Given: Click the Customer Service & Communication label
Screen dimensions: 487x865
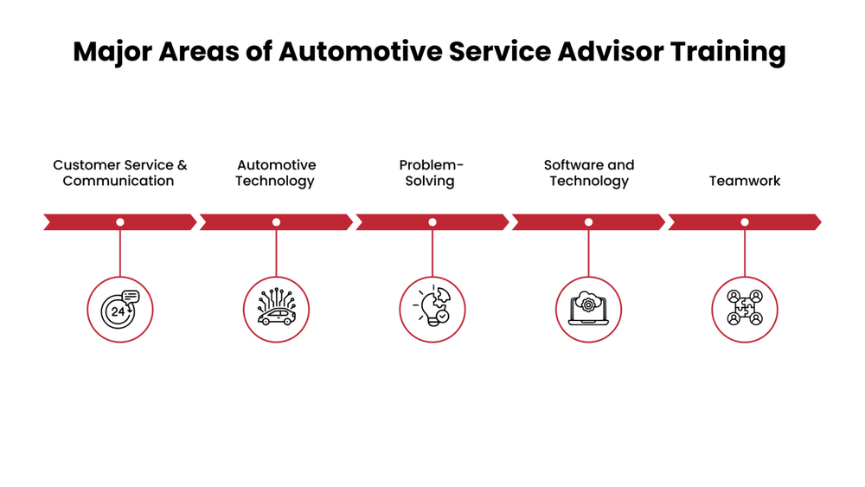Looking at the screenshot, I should click(x=119, y=173).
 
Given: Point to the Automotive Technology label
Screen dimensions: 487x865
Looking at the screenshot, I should click(x=276, y=173).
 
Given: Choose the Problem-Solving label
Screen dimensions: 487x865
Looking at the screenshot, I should click(x=431, y=173).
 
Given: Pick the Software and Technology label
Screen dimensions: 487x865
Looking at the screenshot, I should click(x=588, y=173).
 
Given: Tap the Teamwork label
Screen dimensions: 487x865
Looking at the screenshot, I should click(x=744, y=181).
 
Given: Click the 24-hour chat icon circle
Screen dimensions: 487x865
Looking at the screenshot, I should click(x=120, y=309).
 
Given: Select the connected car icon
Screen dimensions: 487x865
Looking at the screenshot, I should click(x=276, y=309).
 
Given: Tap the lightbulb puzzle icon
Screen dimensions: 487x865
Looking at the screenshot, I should click(x=432, y=309).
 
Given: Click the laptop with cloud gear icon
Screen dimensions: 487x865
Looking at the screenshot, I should click(x=588, y=309).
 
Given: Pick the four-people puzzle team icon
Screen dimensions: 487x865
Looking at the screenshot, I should click(x=744, y=309).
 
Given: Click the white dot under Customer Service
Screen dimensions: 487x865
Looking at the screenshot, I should click(x=120, y=222).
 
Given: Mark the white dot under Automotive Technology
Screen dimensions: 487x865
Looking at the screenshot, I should click(x=276, y=222).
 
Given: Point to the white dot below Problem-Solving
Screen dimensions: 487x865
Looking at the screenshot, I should click(x=432, y=222).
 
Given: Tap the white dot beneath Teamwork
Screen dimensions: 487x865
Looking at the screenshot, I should click(x=744, y=222).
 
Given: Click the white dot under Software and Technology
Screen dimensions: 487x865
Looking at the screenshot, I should click(x=588, y=222).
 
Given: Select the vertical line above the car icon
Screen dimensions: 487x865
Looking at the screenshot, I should click(x=276, y=253).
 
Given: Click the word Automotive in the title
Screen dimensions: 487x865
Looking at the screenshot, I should click(x=360, y=52).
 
